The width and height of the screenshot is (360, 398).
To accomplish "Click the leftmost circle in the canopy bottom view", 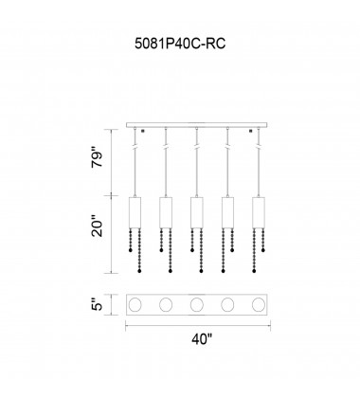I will click(x=136, y=306).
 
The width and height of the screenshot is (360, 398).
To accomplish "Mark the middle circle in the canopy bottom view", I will click(x=197, y=306).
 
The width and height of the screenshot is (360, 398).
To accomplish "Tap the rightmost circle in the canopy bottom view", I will click(x=258, y=306).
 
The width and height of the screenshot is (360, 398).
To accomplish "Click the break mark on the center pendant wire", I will click(x=196, y=148).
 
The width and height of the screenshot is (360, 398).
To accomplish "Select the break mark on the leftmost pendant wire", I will click(x=135, y=148).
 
